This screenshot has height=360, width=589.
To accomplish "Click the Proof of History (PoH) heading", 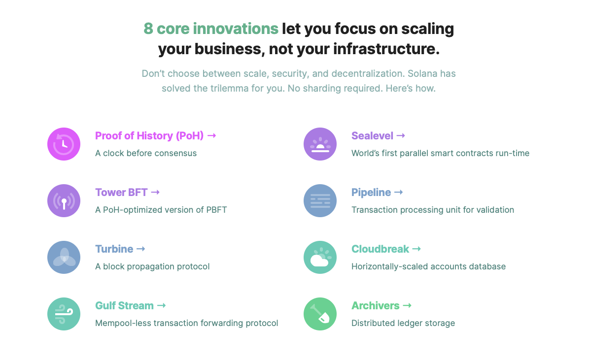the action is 149,136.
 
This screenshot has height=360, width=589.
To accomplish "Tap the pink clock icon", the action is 64,144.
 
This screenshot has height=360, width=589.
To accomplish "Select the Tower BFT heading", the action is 121,192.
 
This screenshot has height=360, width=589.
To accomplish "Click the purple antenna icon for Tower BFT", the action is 64,201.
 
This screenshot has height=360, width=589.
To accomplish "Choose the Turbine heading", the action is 114,249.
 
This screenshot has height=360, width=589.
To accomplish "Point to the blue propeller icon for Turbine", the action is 64,258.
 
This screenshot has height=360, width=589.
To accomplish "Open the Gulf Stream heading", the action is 124,305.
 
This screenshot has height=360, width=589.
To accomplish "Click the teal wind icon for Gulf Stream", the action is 64,314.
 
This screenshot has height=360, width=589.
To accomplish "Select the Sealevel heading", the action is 372,136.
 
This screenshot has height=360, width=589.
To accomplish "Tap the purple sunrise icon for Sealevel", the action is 320,144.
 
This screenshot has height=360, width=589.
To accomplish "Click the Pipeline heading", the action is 371,192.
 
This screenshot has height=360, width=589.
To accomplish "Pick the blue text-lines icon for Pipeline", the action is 320,201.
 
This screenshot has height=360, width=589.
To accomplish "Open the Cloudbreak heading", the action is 380,249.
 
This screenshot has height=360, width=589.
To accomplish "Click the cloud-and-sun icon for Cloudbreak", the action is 320,258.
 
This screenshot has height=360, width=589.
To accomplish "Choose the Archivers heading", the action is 375,305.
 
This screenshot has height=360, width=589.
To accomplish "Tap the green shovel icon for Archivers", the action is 320,314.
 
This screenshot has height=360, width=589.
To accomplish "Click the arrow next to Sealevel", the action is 401,135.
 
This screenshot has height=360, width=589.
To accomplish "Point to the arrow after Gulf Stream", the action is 162,305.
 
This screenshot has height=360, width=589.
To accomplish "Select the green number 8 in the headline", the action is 148,29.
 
